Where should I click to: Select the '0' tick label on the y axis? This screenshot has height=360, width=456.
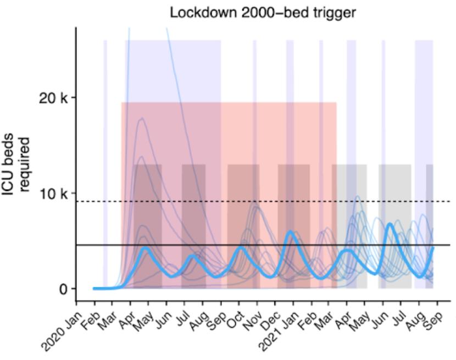click(65, 289)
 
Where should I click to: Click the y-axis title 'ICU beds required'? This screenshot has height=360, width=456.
click(15, 165)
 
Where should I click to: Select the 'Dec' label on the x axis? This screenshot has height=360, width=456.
click(269, 320)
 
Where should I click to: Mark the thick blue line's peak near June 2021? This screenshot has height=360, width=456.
click(390, 224)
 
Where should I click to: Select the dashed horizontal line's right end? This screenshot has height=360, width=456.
click(449, 201)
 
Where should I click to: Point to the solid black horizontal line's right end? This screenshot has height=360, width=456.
click(449, 245)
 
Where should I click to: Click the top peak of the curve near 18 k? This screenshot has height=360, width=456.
click(142, 118)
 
